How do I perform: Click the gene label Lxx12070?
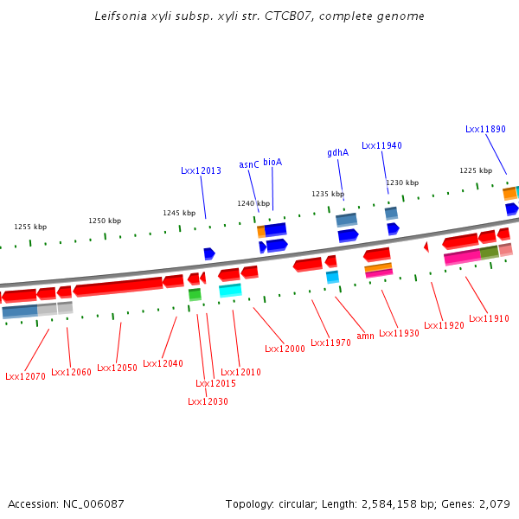[x=25, y=376]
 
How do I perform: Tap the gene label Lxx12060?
[x=71, y=372]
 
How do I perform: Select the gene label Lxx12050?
[x=117, y=368]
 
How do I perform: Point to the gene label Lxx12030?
[x=208, y=400]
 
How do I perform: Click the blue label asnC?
[x=249, y=164]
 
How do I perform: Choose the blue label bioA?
[x=272, y=162]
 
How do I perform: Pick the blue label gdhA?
[x=337, y=152]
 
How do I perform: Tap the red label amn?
[x=365, y=336]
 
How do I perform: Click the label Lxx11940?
[x=381, y=145]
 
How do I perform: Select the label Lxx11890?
[x=485, y=129]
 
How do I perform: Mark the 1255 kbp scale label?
[x=30, y=227]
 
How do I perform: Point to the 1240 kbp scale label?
[x=253, y=203]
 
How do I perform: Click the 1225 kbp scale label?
[x=476, y=170]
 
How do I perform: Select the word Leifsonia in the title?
[x=119, y=16]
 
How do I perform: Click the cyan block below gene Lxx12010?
[x=230, y=291]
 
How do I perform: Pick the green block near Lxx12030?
[x=195, y=295]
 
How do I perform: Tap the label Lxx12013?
[x=201, y=170]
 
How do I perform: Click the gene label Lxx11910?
[x=489, y=318]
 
